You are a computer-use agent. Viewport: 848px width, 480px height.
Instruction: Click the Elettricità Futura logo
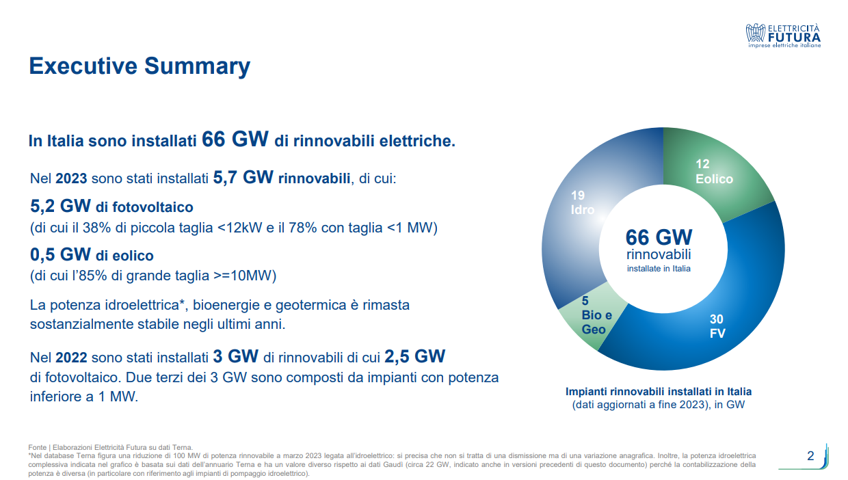coord(783,36)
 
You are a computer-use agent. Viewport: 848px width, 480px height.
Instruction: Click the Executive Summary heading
coord(140,66)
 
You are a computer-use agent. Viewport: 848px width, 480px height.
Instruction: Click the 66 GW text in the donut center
coord(659,237)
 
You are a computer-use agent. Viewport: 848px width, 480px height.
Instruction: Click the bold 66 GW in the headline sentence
coord(235,139)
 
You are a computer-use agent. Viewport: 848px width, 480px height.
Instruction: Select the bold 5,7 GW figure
coord(243,177)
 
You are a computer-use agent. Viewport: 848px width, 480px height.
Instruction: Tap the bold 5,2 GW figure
coord(61,206)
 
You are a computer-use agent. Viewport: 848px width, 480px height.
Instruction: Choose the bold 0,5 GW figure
coord(61,254)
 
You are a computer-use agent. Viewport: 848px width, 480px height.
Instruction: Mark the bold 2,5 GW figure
coord(415,356)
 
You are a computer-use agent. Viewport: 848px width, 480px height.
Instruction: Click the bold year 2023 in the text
coord(71,178)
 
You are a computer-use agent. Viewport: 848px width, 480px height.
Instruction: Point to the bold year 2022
coord(71,358)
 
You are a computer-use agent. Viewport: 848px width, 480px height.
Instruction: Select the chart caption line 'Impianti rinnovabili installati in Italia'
coord(659,391)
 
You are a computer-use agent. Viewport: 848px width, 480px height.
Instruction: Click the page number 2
coord(810,456)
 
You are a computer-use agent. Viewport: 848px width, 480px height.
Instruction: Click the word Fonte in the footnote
coord(37,447)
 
